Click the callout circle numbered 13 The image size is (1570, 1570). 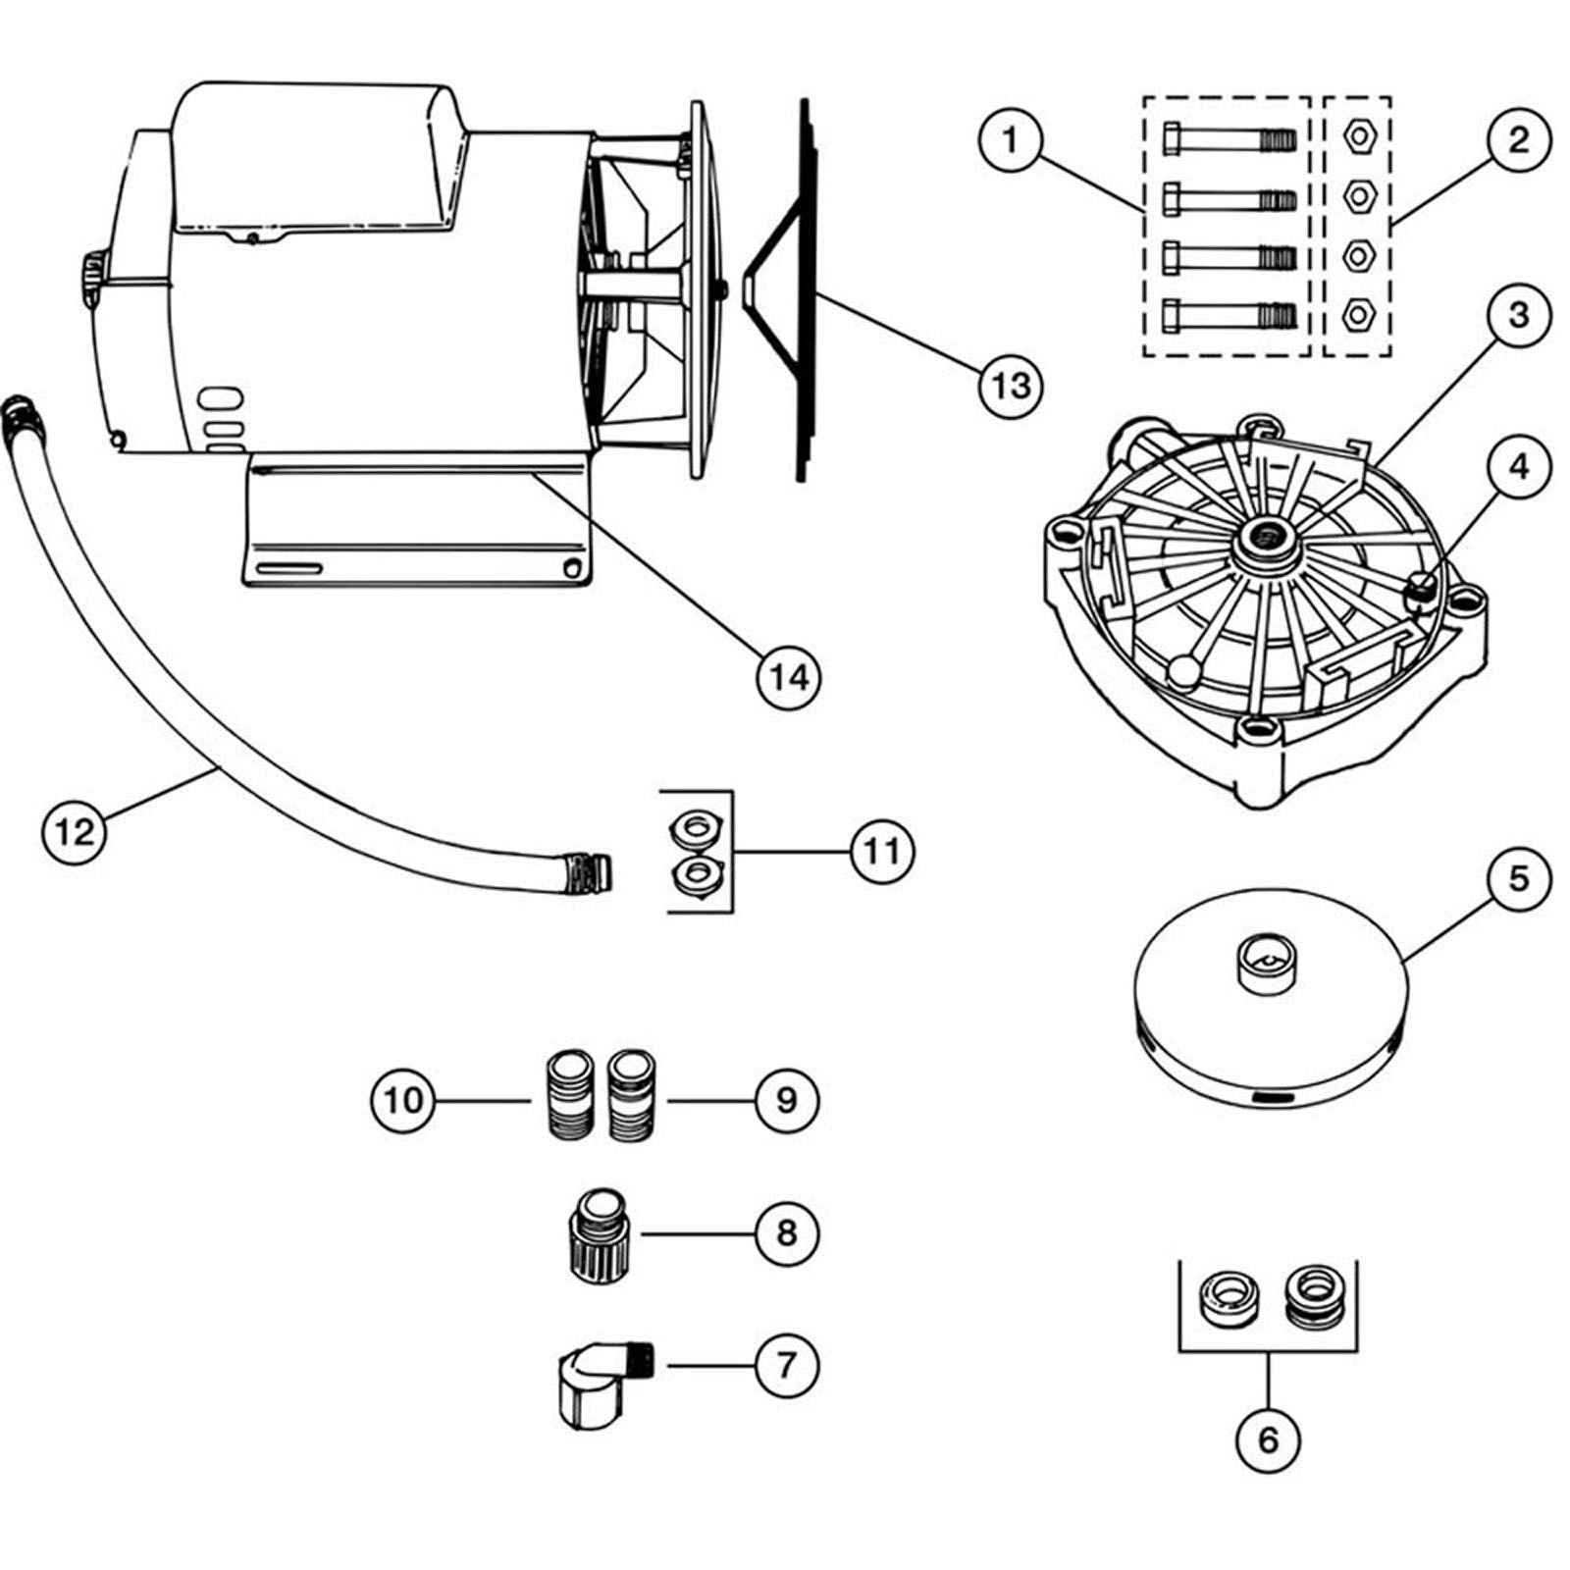tap(1011, 386)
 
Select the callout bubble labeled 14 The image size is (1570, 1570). tap(789, 677)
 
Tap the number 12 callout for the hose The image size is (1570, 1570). tap(75, 832)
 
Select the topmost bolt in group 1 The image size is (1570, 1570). tap(1229, 140)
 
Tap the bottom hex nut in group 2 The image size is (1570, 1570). tap(1357, 315)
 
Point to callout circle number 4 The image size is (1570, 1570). tap(1518, 466)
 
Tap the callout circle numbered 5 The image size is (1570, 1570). tap(1518, 878)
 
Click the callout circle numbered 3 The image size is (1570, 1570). tap(1518, 315)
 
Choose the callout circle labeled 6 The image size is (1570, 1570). tap(1268, 1439)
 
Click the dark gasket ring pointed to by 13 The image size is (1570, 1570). tap(803, 294)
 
